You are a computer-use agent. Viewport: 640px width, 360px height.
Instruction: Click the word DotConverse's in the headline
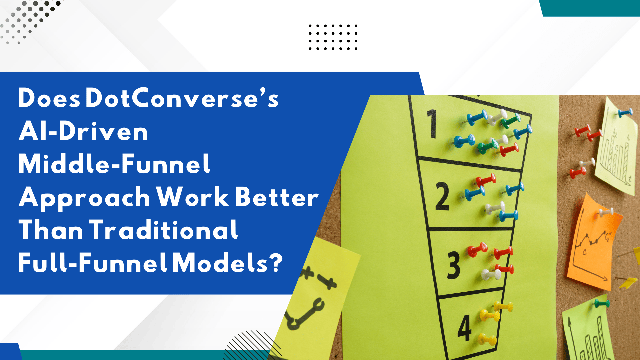[x=182, y=99]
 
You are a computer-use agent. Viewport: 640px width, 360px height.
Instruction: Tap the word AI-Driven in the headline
[x=83, y=132]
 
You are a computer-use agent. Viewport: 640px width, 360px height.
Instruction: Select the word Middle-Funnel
[x=114, y=164]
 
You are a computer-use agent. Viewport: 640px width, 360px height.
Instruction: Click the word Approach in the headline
[x=85, y=197]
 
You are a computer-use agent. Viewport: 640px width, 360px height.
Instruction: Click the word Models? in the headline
[x=228, y=263]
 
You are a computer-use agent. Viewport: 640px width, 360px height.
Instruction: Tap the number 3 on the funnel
[x=454, y=265]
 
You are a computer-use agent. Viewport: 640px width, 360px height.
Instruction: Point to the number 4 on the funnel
[x=464, y=328]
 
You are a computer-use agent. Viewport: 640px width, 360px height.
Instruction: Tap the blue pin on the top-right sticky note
[x=625, y=112]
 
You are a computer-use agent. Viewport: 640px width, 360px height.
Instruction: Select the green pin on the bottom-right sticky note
[x=602, y=304]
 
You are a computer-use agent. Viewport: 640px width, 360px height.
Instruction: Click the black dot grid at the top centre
[x=333, y=37]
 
